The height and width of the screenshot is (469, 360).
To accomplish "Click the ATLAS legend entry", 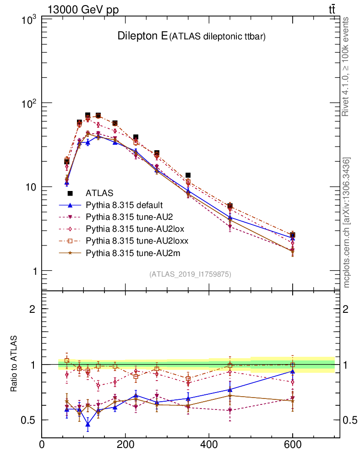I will pos(99,193).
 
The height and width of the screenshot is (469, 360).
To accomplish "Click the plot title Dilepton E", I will pos(142,37).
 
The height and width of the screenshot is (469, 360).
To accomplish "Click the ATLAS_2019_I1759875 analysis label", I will pos(190,274).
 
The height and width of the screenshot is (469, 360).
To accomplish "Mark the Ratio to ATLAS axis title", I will pos(14,364).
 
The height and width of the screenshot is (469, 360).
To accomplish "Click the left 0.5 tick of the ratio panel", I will pos(29,420).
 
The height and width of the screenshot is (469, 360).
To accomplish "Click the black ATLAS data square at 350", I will pos(188,175).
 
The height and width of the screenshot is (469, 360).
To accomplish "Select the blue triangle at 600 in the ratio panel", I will pos(293,371).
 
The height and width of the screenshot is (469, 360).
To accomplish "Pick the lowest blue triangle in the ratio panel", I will pos(87,425).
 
